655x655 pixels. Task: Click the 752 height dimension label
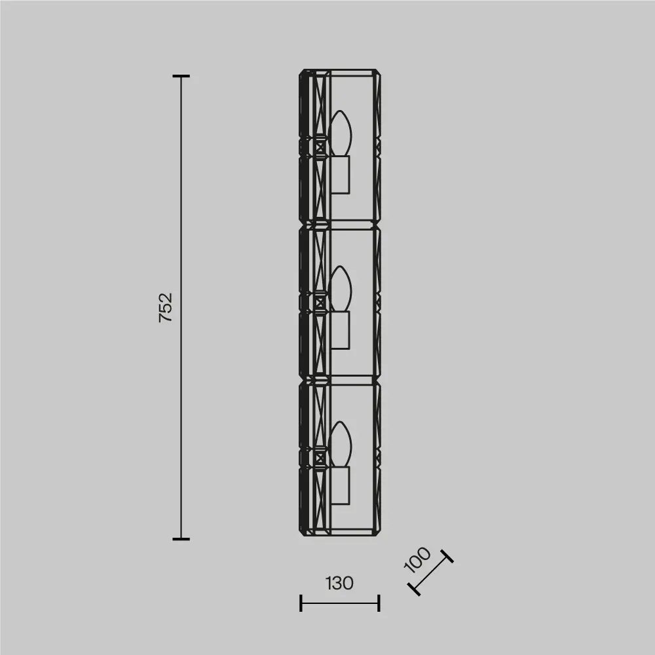coord(166,307)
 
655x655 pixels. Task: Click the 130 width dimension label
coord(339,583)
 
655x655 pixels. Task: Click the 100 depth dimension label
coord(417,559)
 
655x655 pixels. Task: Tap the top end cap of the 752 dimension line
coord(181,76)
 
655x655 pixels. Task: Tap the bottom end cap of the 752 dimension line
coord(181,539)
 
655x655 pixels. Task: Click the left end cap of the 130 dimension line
coord(301,603)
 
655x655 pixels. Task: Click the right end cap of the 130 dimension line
coord(379,603)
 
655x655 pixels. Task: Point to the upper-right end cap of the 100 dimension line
coord(447,556)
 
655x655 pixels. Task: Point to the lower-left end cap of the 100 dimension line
coord(413,589)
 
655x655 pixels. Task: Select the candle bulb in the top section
coord(340,133)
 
